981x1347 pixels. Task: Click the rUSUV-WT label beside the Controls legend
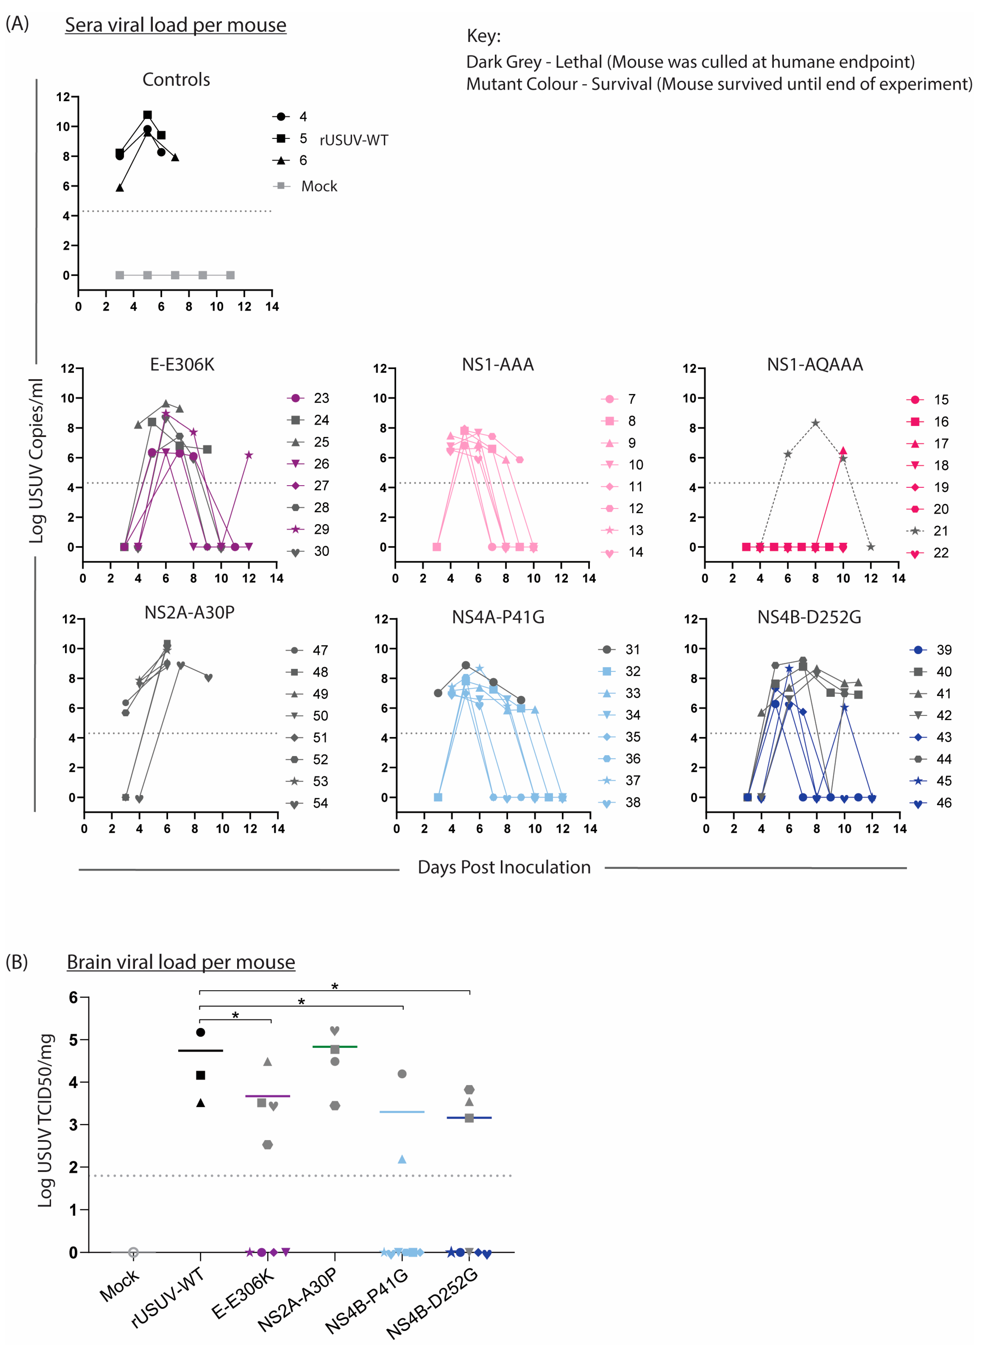coord(354,140)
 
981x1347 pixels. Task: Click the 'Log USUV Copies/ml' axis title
coord(37,460)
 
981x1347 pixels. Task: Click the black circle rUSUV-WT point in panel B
coord(201,1032)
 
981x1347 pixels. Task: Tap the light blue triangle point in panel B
coord(402,1159)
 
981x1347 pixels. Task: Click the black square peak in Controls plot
coord(147,115)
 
